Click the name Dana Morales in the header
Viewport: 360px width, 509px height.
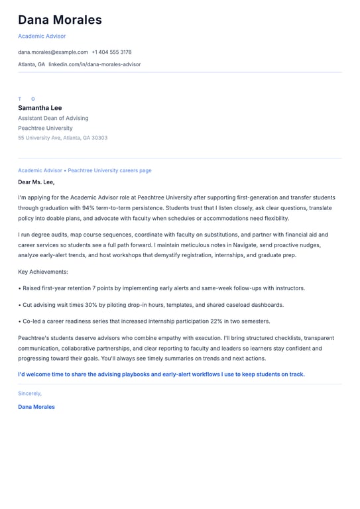coord(60,20)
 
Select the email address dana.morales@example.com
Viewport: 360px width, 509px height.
coord(53,52)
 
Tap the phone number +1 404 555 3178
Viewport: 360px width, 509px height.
coord(111,52)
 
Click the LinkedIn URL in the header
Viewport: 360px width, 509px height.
coord(94,64)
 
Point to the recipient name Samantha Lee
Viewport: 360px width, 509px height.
coord(40,108)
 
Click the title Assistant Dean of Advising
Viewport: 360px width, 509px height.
coord(53,118)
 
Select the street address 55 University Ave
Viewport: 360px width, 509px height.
coord(39,138)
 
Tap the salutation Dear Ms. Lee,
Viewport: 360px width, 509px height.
coord(36,182)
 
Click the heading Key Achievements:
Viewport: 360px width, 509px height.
coord(43,272)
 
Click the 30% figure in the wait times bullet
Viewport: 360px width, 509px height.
coord(93,305)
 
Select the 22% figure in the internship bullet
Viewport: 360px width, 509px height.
coord(218,321)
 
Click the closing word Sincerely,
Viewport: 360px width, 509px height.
coord(30,393)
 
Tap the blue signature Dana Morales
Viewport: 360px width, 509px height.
coord(36,407)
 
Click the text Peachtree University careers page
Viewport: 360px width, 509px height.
coord(109,170)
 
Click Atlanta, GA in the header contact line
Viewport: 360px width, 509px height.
coord(32,64)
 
